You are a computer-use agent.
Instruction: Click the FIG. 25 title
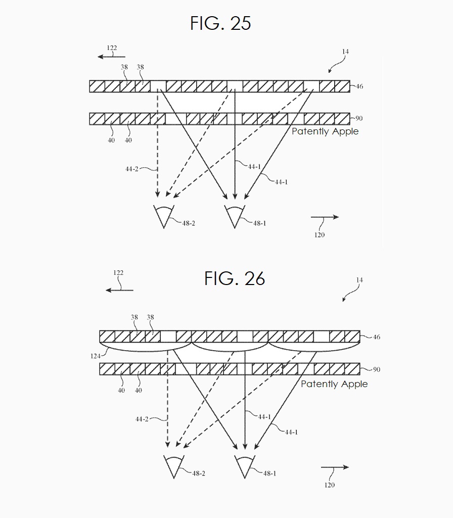pos(221,23)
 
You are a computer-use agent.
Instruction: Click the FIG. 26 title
pos(235,278)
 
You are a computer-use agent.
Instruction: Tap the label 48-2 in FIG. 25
pos(188,223)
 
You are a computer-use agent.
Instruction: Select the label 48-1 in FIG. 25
pos(259,223)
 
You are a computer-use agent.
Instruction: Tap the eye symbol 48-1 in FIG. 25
pos(235,215)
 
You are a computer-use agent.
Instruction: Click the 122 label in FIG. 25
pos(112,48)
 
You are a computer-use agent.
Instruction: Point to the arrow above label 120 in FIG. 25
pos(324,217)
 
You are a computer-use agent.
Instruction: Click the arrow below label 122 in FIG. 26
pos(119,290)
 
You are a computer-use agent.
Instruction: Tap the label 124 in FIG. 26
pos(95,356)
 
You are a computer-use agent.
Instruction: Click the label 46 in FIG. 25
pos(359,86)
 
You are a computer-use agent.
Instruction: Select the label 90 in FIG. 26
pos(376,369)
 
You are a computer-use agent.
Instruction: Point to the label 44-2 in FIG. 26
pos(142,419)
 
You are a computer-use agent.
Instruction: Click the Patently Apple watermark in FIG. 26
pos(334,384)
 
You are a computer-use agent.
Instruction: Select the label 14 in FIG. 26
pos(359,280)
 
